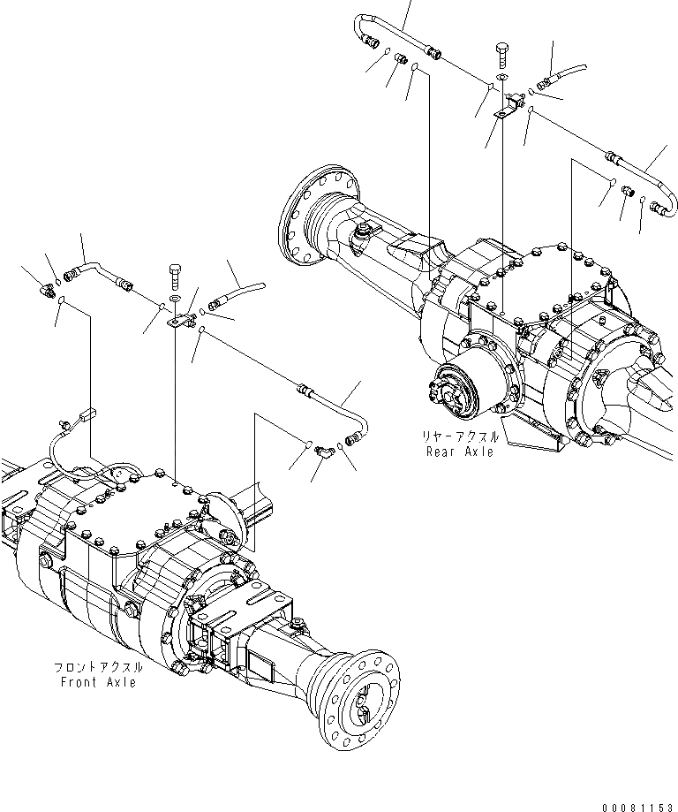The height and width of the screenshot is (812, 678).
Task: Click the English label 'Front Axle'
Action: click(x=98, y=683)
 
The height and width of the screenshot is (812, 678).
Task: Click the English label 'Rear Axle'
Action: click(x=459, y=452)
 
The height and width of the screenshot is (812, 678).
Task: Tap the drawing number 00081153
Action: click(x=637, y=803)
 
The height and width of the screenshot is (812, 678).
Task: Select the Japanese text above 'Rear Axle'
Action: click(x=459, y=437)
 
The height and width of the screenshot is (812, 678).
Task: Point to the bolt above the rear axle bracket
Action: click(x=501, y=52)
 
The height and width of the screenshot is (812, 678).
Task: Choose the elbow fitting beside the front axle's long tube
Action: click(x=324, y=451)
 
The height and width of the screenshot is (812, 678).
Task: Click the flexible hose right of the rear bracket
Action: click(x=565, y=74)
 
